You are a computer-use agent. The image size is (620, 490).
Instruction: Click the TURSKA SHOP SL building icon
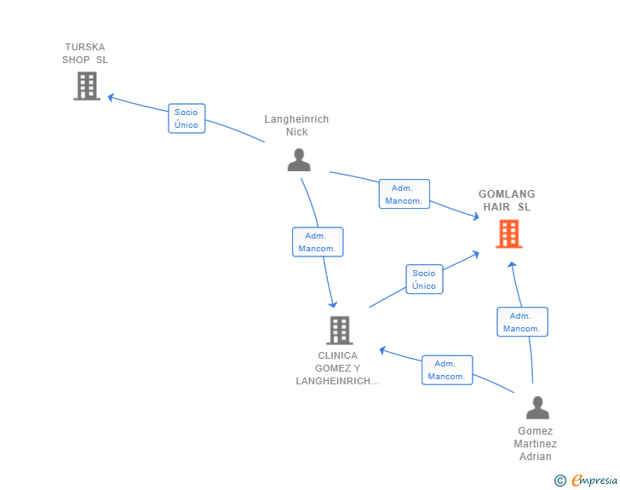87,86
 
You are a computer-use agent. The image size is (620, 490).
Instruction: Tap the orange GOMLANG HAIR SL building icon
509,233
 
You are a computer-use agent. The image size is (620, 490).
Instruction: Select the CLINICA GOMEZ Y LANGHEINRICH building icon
340,330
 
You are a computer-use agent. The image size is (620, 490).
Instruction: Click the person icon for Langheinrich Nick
299,160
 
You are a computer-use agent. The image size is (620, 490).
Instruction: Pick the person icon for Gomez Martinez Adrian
537,407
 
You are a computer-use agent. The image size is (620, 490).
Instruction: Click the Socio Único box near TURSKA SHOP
187,118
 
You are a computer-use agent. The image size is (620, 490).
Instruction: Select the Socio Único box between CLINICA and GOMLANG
424,280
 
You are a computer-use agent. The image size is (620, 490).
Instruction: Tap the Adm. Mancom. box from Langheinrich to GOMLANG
404,194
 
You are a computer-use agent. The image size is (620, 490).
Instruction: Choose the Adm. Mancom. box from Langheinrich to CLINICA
318,242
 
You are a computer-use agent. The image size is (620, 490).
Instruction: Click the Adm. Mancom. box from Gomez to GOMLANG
522,322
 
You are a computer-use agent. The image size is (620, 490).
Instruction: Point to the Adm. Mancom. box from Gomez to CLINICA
447,370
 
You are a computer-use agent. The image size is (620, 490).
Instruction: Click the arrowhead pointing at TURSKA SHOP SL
111,97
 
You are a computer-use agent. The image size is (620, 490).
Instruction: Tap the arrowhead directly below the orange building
512,265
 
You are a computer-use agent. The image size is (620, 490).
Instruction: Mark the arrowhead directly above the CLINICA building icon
333,304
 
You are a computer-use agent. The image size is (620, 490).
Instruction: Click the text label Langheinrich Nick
296,125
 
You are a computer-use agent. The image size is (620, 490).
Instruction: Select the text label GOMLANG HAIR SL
507,200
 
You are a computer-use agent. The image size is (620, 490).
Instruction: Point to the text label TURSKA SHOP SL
85,54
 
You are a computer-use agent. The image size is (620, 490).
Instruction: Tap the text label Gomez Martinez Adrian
536,444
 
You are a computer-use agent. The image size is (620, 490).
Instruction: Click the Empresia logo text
594,481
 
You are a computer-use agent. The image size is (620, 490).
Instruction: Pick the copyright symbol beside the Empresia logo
560,481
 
